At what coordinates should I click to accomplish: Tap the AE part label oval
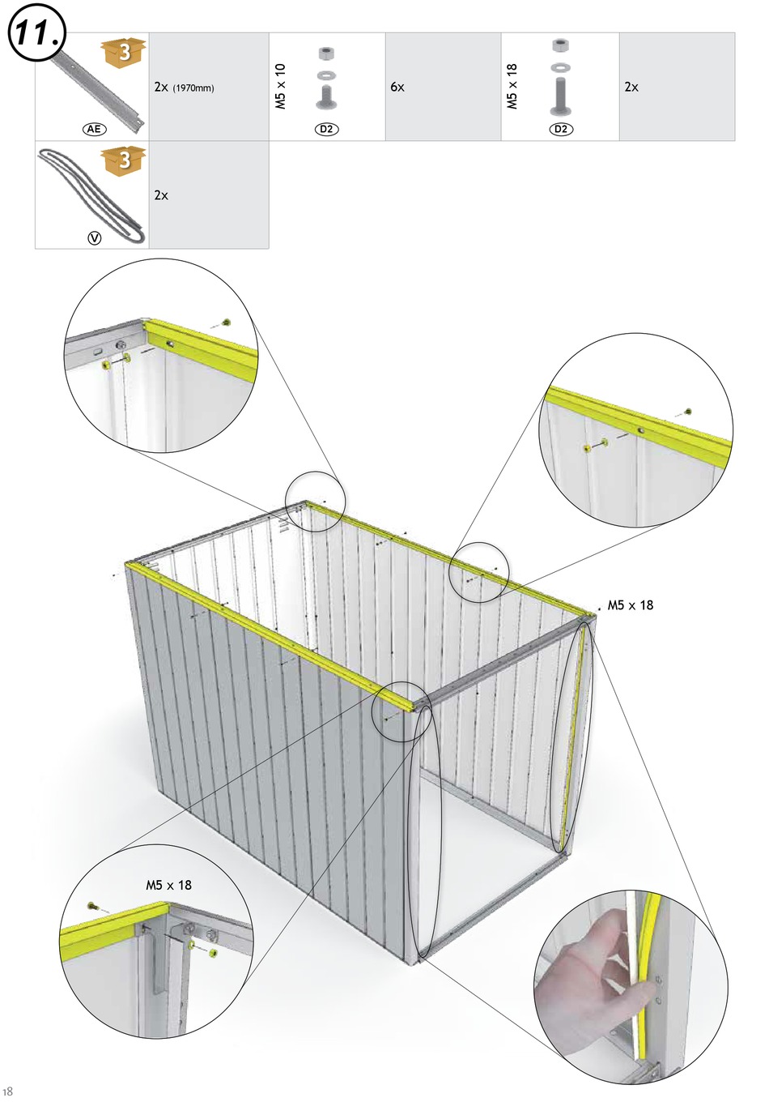point(94,130)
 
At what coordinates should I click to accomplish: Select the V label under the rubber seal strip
point(94,238)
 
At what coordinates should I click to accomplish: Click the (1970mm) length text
point(193,88)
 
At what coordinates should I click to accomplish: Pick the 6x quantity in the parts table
point(397,87)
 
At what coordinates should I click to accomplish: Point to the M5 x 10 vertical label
point(280,86)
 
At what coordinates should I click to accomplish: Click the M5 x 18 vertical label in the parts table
point(512,86)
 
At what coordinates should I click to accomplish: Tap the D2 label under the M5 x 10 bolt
point(326,130)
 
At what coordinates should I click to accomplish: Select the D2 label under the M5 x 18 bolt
point(561,130)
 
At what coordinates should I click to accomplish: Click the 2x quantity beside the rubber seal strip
point(161,195)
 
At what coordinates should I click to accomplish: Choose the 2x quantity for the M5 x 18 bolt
point(631,87)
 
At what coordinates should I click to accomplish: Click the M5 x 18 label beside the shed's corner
point(631,605)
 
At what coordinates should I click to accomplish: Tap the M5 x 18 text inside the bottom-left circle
point(168,886)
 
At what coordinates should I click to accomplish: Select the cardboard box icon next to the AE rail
point(123,53)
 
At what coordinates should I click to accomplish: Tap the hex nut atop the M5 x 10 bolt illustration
point(325,53)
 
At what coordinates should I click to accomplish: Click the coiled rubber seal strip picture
point(91,196)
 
